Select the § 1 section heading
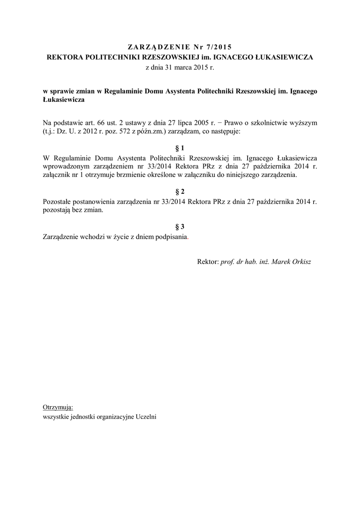click(180, 148)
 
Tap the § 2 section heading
click(180, 191)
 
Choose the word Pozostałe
click(58, 201)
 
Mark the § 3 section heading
click(180, 227)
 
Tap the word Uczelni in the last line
click(146, 417)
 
